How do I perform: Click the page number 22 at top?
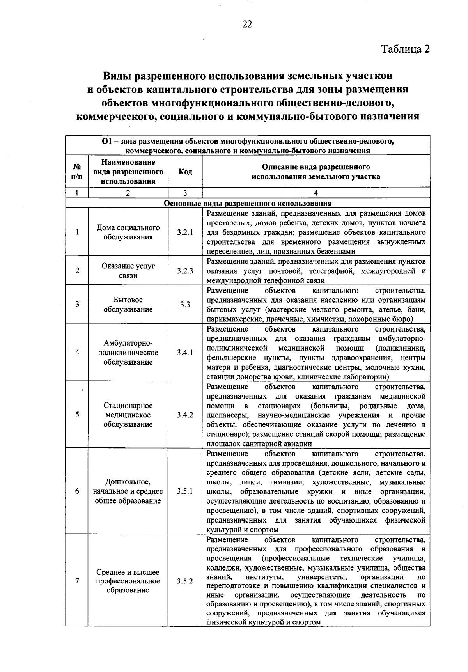coord(247,24)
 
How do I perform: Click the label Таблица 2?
coord(405,49)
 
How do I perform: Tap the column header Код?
coord(185,172)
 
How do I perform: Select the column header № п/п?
coord(77,172)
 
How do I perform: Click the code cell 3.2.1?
coord(185,232)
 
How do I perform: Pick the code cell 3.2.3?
coord(185,271)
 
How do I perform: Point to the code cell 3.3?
coord(185,305)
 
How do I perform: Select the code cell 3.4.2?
coord(185,415)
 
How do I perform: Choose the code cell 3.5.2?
coord(185,581)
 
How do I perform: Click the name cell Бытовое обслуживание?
coord(128,305)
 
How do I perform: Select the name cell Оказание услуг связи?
coord(128,271)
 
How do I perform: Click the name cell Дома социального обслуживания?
coord(128,232)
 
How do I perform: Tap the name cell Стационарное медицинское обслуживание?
coord(128,415)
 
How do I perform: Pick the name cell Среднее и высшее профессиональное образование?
coord(128,581)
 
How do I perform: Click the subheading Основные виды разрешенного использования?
coord(248,203)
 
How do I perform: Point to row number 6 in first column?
coord(77,491)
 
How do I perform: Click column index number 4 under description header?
coord(316,193)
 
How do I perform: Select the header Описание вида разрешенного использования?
coord(316,172)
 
